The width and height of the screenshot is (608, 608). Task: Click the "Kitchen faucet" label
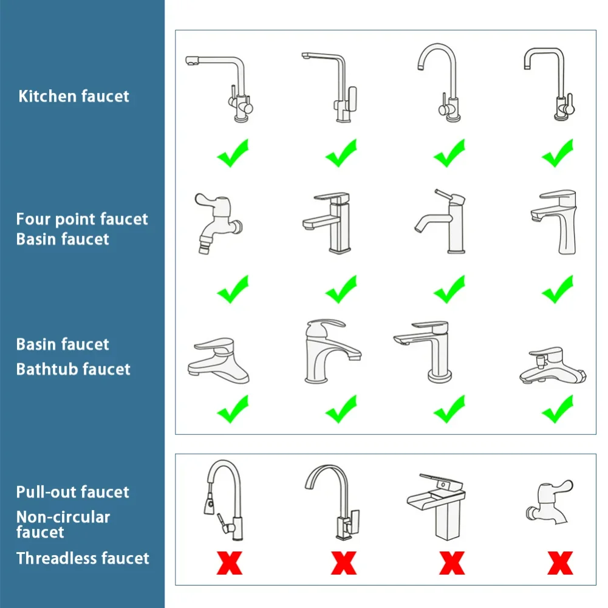(73, 96)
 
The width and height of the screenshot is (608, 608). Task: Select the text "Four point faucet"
(82, 219)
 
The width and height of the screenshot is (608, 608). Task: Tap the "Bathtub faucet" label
(73, 369)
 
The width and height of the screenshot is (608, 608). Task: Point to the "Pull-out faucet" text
(72, 492)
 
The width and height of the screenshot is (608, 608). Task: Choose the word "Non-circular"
(63, 517)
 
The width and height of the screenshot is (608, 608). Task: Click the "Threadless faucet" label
(83, 558)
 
